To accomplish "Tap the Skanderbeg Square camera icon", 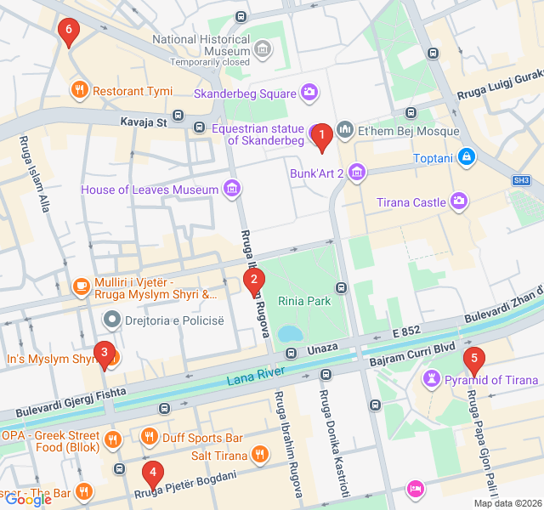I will (x=309, y=92).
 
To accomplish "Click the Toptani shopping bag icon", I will (x=465, y=157).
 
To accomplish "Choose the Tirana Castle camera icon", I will (x=459, y=201).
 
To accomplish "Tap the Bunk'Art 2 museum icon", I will (x=356, y=174).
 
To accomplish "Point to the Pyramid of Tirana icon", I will (x=433, y=379).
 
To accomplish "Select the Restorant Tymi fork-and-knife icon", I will (x=79, y=90).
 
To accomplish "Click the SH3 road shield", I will (x=521, y=181).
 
